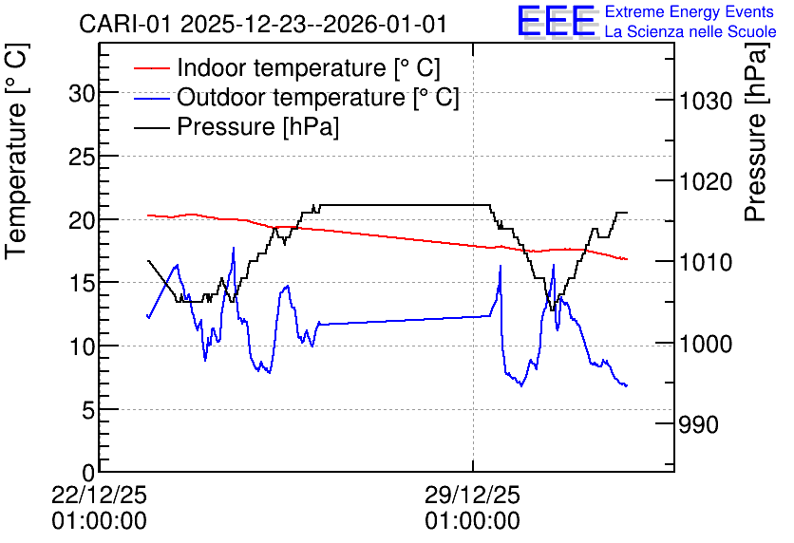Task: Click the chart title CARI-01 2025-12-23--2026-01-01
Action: tap(263, 25)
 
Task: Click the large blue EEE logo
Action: tap(557, 21)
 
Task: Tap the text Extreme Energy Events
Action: tap(690, 11)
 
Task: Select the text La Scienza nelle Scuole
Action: tap(690, 31)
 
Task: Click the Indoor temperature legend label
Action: tap(309, 67)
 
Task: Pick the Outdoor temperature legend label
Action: tap(318, 97)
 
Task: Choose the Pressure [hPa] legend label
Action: tap(257, 126)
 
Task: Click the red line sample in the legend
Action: tap(151, 68)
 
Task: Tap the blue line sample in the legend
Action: tap(151, 98)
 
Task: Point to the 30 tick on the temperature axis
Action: tap(82, 93)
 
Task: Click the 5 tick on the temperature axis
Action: tap(88, 410)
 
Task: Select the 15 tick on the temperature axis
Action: tap(82, 284)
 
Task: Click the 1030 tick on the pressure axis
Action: tap(706, 101)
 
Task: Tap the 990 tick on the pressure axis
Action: tap(699, 424)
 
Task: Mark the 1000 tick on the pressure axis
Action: tap(706, 344)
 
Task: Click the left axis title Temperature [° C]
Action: tap(16, 152)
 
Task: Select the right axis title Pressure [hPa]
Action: tap(755, 132)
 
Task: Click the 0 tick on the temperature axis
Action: tap(88, 473)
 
